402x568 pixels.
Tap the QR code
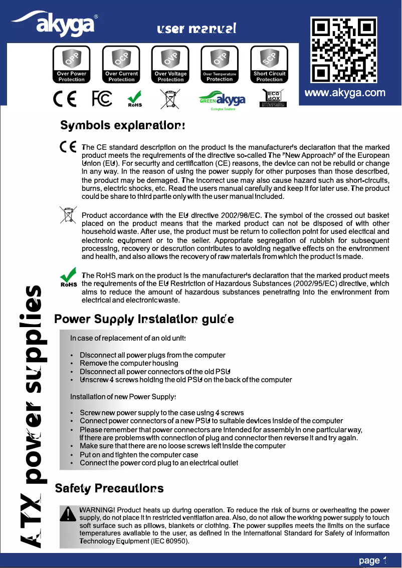(x=344, y=50)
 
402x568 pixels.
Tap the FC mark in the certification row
(x=102, y=99)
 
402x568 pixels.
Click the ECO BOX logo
(x=274, y=98)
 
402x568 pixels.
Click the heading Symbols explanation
(x=123, y=125)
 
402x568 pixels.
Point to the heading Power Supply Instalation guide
(x=144, y=319)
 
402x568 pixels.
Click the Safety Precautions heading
(x=109, y=487)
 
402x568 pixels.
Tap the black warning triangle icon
(x=68, y=514)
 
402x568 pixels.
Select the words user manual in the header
(x=196, y=29)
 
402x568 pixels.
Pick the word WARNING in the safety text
(x=98, y=510)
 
